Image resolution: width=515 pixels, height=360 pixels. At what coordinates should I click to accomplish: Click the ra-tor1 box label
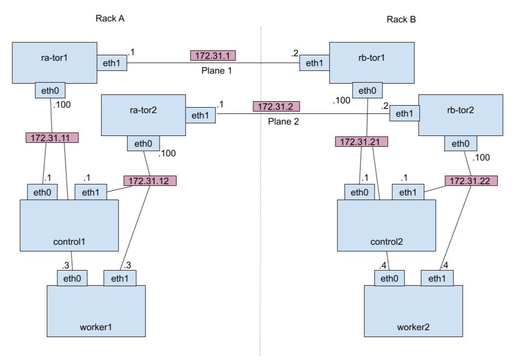[x=54, y=58]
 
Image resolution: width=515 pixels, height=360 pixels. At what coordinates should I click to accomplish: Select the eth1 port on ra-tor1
[x=112, y=63]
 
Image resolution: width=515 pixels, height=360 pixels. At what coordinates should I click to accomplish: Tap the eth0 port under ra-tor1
[x=50, y=90]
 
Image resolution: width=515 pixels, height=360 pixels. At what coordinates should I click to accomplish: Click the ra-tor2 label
[x=143, y=110]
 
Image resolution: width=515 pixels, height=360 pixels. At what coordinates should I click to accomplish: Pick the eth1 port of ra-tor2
[x=200, y=115]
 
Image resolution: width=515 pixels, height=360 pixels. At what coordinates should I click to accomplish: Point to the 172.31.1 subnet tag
[x=212, y=56]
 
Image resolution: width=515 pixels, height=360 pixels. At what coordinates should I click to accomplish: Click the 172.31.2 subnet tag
[x=276, y=107]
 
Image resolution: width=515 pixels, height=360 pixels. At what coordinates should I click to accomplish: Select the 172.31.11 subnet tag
[x=52, y=138]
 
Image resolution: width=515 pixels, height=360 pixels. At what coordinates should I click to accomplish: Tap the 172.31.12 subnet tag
[x=149, y=181]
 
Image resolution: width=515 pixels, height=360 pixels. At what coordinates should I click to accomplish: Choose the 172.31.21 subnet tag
[x=361, y=142]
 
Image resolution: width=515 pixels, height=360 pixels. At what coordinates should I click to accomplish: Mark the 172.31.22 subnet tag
[x=470, y=181]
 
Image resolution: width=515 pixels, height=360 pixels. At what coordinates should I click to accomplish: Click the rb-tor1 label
[x=372, y=58]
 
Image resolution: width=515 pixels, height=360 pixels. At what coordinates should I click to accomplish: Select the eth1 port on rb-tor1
[x=314, y=63]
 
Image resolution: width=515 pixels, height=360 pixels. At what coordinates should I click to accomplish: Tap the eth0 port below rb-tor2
[x=460, y=144]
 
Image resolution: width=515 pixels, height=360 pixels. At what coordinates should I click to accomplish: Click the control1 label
[x=69, y=242]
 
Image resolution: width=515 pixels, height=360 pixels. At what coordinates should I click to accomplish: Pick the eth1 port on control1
[x=91, y=193]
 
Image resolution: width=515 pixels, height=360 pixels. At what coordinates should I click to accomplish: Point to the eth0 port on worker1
[x=72, y=279]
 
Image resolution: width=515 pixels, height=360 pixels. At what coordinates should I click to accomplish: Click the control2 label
[x=386, y=242]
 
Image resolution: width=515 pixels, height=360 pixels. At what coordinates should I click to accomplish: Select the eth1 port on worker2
[x=437, y=279]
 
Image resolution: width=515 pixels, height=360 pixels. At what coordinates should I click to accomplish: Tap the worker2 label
[x=413, y=327]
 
